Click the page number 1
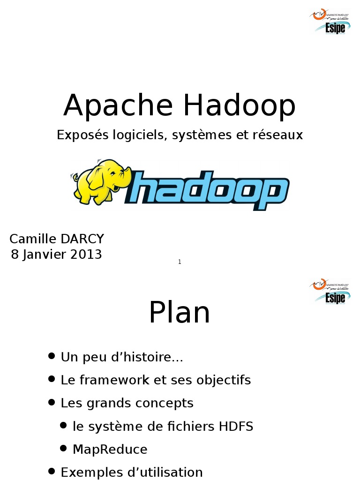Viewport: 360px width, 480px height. [x=180, y=262]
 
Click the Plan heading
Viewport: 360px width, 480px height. [x=180, y=313]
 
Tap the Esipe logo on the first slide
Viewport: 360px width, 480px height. [x=330, y=22]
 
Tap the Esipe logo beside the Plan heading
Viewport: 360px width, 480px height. [x=330, y=291]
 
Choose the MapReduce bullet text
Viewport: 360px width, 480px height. [x=110, y=450]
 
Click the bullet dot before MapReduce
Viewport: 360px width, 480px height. [x=64, y=449]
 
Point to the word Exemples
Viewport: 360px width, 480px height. [x=89, y=472]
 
